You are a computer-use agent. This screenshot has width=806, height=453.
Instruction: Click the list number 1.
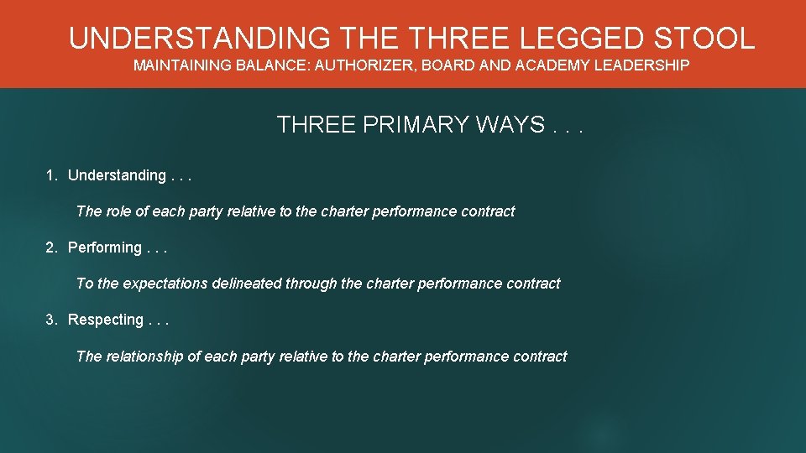[51, 175]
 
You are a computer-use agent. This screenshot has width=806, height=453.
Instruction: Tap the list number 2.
[51, 247]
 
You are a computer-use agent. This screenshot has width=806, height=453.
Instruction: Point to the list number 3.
[51, 320]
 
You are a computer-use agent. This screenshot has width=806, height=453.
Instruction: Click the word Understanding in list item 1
[117, 175]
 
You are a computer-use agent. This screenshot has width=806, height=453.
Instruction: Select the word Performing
[105, 247]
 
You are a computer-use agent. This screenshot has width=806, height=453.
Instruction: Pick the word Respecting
[106, 320]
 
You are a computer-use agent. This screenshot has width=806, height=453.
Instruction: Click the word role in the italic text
[120, 211]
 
